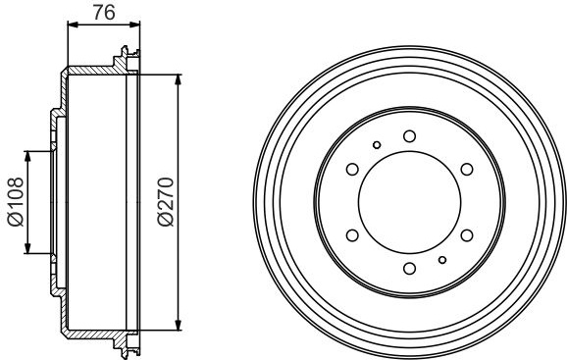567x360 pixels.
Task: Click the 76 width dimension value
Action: pyautogui.click(x=104, y=13)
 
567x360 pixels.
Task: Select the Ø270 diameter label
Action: pyautogui.click(x=166, y=202)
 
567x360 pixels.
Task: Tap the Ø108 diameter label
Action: pyautogui.click(x=16, y=202)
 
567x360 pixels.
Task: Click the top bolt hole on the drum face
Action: pyautogui.click(x=409, y=136)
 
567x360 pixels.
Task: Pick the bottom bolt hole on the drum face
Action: pyautogui.click(x=409, y=269)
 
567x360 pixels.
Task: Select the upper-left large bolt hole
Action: pyautogui.click(x=352, y=169)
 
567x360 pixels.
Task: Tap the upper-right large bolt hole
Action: pyautogui.click(x=467, y=169)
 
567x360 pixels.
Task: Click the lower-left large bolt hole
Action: pyautogui.click(x=352, y=235)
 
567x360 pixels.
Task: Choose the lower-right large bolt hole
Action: pyautogui.click(x=467, y=235)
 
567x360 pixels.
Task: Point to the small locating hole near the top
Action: pyautogui.click(x=377, y=145)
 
